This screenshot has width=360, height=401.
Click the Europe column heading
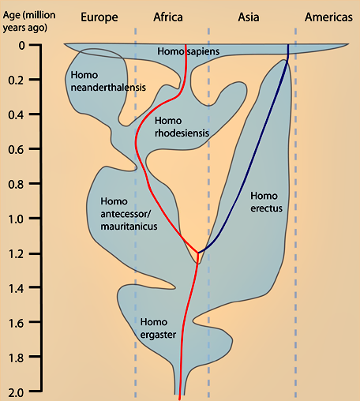[99, 18]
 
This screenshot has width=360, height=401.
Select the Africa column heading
[168, 17]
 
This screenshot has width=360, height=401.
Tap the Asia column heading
[249, 17]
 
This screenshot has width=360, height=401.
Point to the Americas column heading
[328, 17]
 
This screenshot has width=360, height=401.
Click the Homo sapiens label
[189, 51]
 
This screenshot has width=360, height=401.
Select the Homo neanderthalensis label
[108, 81]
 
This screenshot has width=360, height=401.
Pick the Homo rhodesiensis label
[182, 127]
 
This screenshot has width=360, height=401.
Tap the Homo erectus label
[266, 202]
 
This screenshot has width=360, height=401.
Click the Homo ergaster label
[158, 328]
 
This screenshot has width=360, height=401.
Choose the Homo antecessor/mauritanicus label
[129, 214]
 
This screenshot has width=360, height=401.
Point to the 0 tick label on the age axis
[22, 46]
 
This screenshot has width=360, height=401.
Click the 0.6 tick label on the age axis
[17, 150]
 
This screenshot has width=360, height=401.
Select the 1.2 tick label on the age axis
[17, 254]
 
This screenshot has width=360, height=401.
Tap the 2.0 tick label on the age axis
[17, 393]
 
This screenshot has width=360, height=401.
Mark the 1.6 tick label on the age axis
[17, 324]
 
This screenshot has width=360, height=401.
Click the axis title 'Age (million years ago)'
[29, 21]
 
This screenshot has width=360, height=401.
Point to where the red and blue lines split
[198, 253]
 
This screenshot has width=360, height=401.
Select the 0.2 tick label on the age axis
[17, 81]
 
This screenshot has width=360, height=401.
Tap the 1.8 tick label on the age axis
[17, 358]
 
